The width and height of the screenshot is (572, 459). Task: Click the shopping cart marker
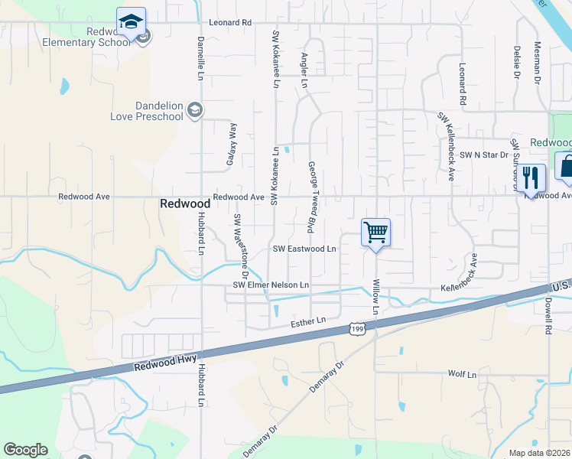point(375,232)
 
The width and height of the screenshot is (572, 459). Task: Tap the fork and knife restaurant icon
point(533,178)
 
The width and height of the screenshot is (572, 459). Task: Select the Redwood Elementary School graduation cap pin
point(131,21)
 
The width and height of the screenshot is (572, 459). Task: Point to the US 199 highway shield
point(356,328)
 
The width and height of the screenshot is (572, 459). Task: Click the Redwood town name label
point(184,203)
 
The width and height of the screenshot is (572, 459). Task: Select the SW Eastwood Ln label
point(304,249)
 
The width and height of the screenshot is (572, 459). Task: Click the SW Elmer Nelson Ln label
point(271,285)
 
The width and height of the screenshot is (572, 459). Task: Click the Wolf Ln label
point(462,375)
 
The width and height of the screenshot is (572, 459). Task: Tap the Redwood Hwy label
point(166,363)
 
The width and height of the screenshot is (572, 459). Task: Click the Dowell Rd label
point(548,314)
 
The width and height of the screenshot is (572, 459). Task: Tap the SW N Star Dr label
point(484,155)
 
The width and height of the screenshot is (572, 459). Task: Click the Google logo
point(25,450)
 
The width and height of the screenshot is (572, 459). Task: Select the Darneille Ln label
point(200,58)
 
